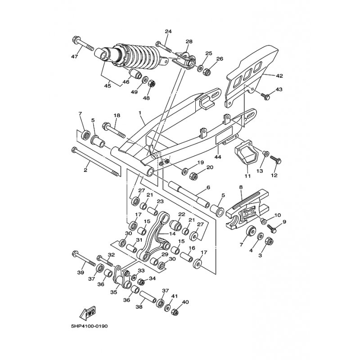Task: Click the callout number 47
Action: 74,56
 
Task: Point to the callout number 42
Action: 279,76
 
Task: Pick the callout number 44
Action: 218,157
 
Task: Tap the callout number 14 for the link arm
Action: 173,234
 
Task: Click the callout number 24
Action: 168,31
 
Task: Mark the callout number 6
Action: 208,187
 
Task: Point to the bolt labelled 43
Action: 266,95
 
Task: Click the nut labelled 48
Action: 152,83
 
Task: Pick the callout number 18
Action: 117,116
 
